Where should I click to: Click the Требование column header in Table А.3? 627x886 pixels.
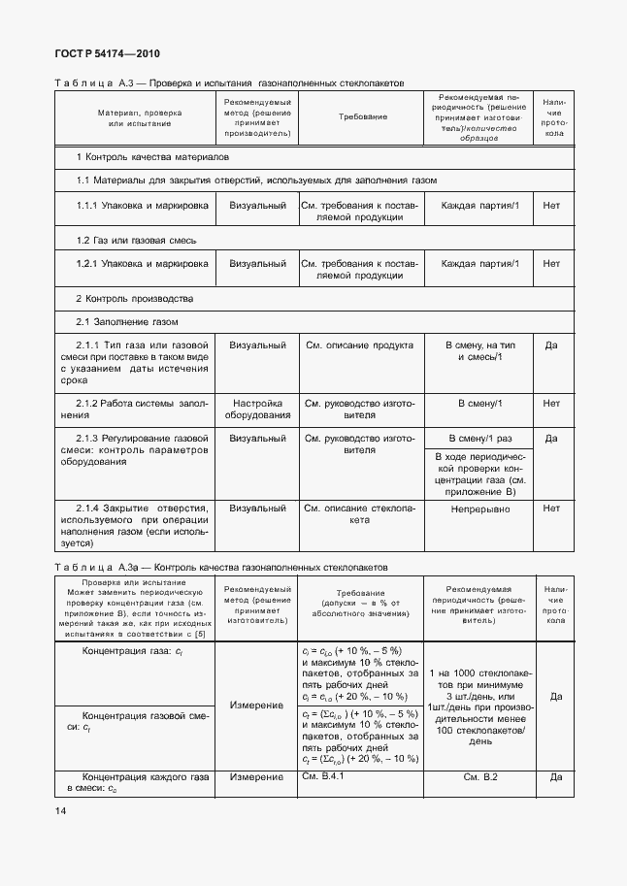363,116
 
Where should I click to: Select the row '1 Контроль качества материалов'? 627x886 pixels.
153,156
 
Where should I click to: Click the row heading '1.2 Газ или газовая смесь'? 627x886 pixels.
137,239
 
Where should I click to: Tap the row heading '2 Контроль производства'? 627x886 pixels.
135,298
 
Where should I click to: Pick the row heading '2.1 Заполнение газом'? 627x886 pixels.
127,321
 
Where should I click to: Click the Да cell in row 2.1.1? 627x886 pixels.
552,345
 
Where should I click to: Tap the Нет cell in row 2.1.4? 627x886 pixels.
552,508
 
